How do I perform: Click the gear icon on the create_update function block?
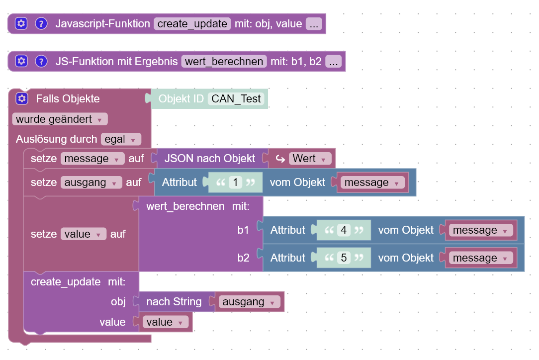(20, 23)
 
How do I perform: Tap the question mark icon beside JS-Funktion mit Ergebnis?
(41, 62)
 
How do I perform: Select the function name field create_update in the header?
(192, 23)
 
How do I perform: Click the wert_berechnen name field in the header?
(224, 62)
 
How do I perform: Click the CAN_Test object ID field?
(236, 98)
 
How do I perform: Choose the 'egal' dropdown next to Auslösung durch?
(121, 139)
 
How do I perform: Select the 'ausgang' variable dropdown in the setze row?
(91, 182)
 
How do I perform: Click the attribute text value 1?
(235, 182)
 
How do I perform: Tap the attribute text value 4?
(344, 230)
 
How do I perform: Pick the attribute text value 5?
(344, 258)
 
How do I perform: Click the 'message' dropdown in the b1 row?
(480, 230)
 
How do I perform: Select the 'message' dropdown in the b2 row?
(480, 258)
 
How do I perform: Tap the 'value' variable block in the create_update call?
(165, 322)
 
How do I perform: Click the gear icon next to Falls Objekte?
(21, 98)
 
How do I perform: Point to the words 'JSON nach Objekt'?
(210, 159)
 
